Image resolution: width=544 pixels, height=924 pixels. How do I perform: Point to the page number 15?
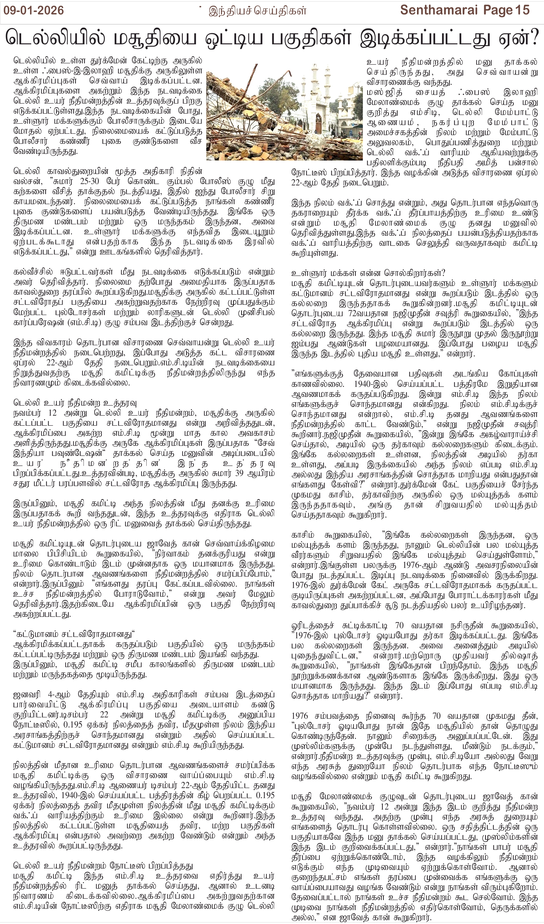[x=522, y=10]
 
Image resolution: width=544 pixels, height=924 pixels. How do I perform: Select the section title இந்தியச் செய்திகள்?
[x=257, y=11]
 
